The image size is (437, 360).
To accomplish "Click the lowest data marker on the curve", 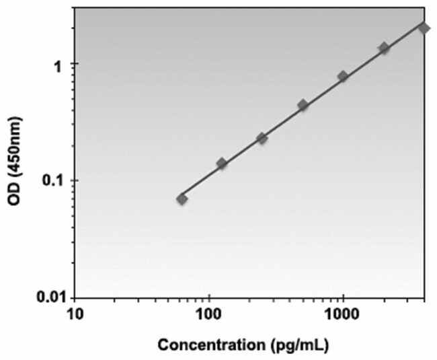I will click(x=182, y=199).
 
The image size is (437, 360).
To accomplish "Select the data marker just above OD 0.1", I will click(x=222, y=164).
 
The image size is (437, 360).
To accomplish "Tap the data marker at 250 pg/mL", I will click(x=262, y=138).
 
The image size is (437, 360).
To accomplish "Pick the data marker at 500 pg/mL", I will click(x=303, y=105).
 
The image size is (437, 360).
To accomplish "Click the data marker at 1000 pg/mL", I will click(x=343, y=77).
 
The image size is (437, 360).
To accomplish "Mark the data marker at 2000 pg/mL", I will click(x=384, y=48).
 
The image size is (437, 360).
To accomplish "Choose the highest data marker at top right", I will click(x=424, y=28).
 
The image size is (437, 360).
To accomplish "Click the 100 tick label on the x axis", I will click(x=209, y=313).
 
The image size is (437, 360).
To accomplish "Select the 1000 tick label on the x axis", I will click(x=343, y=313).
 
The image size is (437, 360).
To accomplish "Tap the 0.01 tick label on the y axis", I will click(x=52, y=297).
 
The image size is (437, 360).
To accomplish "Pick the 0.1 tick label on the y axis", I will click(x=56, y=181).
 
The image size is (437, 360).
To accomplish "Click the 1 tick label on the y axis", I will click(x=63, y=65).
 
